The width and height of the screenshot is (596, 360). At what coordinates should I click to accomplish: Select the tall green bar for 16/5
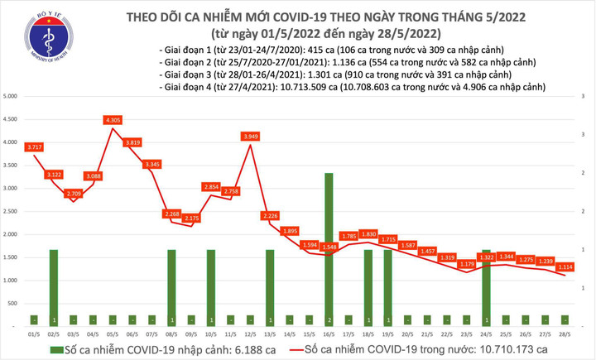click(329, 248)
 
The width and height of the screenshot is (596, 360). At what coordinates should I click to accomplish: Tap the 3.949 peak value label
click(250, 137)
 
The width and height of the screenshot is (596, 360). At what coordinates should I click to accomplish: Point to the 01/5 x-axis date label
click(35, 334)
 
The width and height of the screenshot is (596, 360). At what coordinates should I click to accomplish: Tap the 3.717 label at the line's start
click(35, 147)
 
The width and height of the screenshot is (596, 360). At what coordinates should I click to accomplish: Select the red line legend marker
click(296, 349)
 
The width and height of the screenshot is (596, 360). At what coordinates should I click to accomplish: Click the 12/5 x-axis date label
click(250, 334)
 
